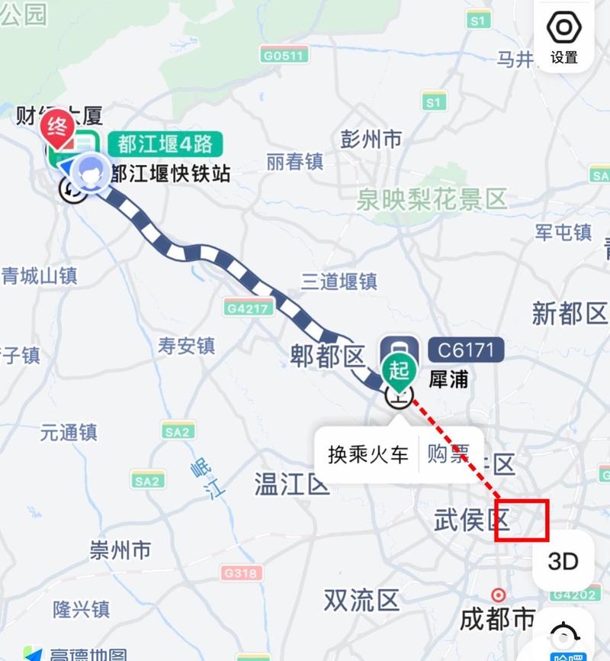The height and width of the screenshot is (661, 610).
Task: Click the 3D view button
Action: click(x=563, y=561)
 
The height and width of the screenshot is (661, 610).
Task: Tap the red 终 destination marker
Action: click(x=57, y=127)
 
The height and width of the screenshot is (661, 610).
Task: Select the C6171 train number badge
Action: click(x=466, y=350)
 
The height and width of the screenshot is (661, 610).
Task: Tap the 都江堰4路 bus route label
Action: click(x=165, y=143)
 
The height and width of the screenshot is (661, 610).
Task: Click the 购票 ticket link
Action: click(x=448, y=454)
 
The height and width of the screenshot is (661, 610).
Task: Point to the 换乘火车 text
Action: click(x=368, y=454)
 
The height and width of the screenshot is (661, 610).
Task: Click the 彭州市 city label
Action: click(x=371, y=140)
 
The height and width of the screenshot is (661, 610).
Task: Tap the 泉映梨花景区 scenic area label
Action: click(x=432, y=200)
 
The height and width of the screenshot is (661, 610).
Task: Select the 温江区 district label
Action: click(x=291, y=483)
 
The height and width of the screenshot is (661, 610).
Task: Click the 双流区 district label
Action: click(x=361, y=600)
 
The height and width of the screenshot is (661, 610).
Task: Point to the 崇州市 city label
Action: click(x=120, y=550)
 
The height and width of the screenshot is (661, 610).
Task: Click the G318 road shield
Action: click(x=242, y=572)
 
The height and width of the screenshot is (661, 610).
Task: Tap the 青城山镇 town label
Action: click(x=39, y=276)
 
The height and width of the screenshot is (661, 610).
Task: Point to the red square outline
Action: click(x=522, y=521)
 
